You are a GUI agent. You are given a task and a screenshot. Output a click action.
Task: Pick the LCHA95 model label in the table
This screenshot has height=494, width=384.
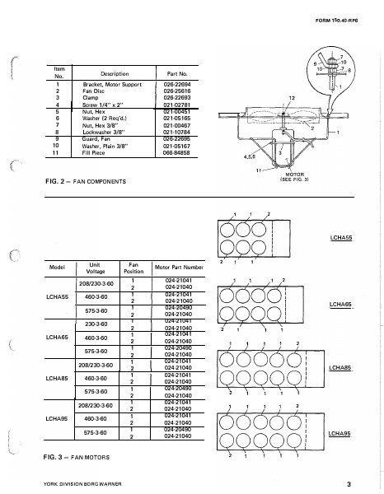[57, 418]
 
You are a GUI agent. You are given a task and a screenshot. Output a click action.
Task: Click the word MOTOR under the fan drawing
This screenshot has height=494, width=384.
[295, 175]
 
